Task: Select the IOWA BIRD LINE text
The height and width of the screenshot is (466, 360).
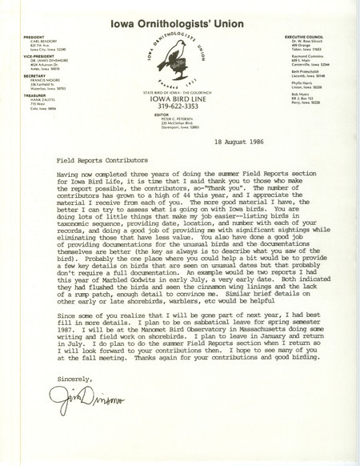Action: point(181,106)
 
